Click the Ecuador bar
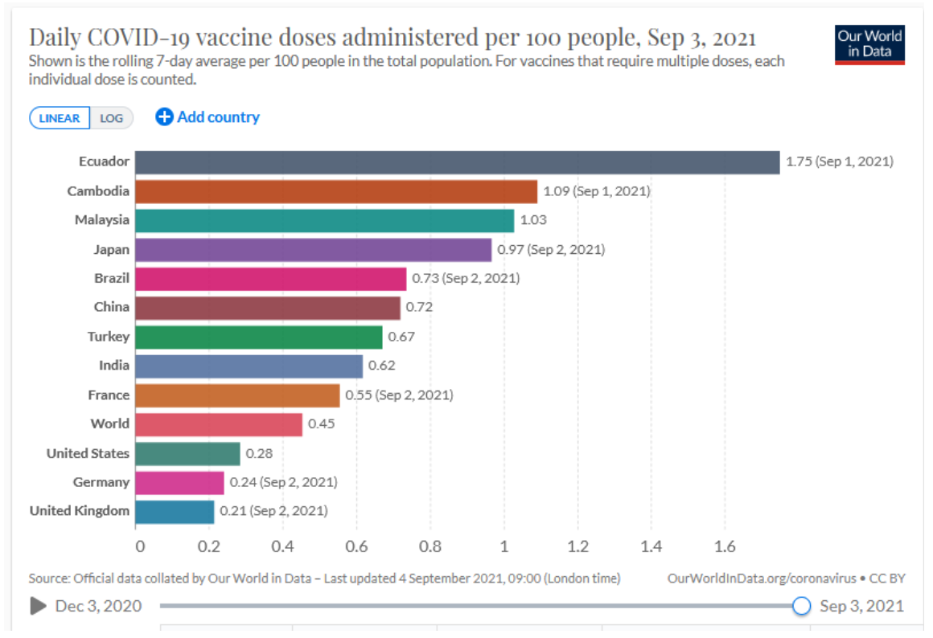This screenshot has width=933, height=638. coord(457,162)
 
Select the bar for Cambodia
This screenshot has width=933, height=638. coord(336,191)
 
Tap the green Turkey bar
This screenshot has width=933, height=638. coord(258,337)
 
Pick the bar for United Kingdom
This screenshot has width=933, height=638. coord(175,511)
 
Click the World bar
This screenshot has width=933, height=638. coord(219,424)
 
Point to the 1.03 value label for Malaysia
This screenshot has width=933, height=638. coord(533,220)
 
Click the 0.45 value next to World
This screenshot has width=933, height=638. coord(322,423)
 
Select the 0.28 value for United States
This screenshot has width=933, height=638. coord(259,453)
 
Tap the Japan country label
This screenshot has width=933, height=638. coord(111,249)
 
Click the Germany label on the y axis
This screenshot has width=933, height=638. coord(101,482)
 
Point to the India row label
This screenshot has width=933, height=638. coord(113,366)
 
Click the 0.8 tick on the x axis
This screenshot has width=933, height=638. coord(430,547)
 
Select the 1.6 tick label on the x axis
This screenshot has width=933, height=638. coord(725,547)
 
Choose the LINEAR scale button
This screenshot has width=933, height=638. coord(60,118)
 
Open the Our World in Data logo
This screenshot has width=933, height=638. coord(869,44)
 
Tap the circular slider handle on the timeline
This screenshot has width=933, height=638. coord(801,606)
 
